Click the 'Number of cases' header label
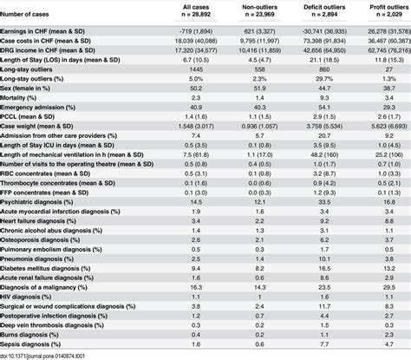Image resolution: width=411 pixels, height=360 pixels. point(32,10)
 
